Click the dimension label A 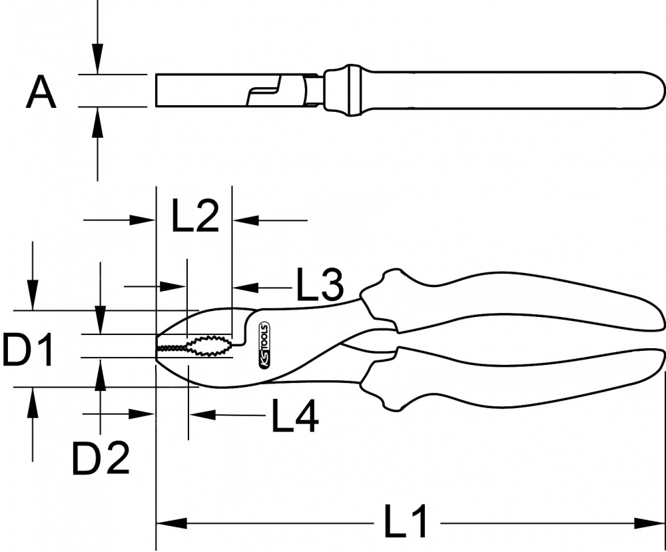point(41,92)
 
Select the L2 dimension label point(195,216)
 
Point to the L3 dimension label point(320,284)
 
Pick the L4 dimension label point(295,415)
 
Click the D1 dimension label point(28,350)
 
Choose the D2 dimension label point(101,458)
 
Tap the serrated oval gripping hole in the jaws point(209,346)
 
